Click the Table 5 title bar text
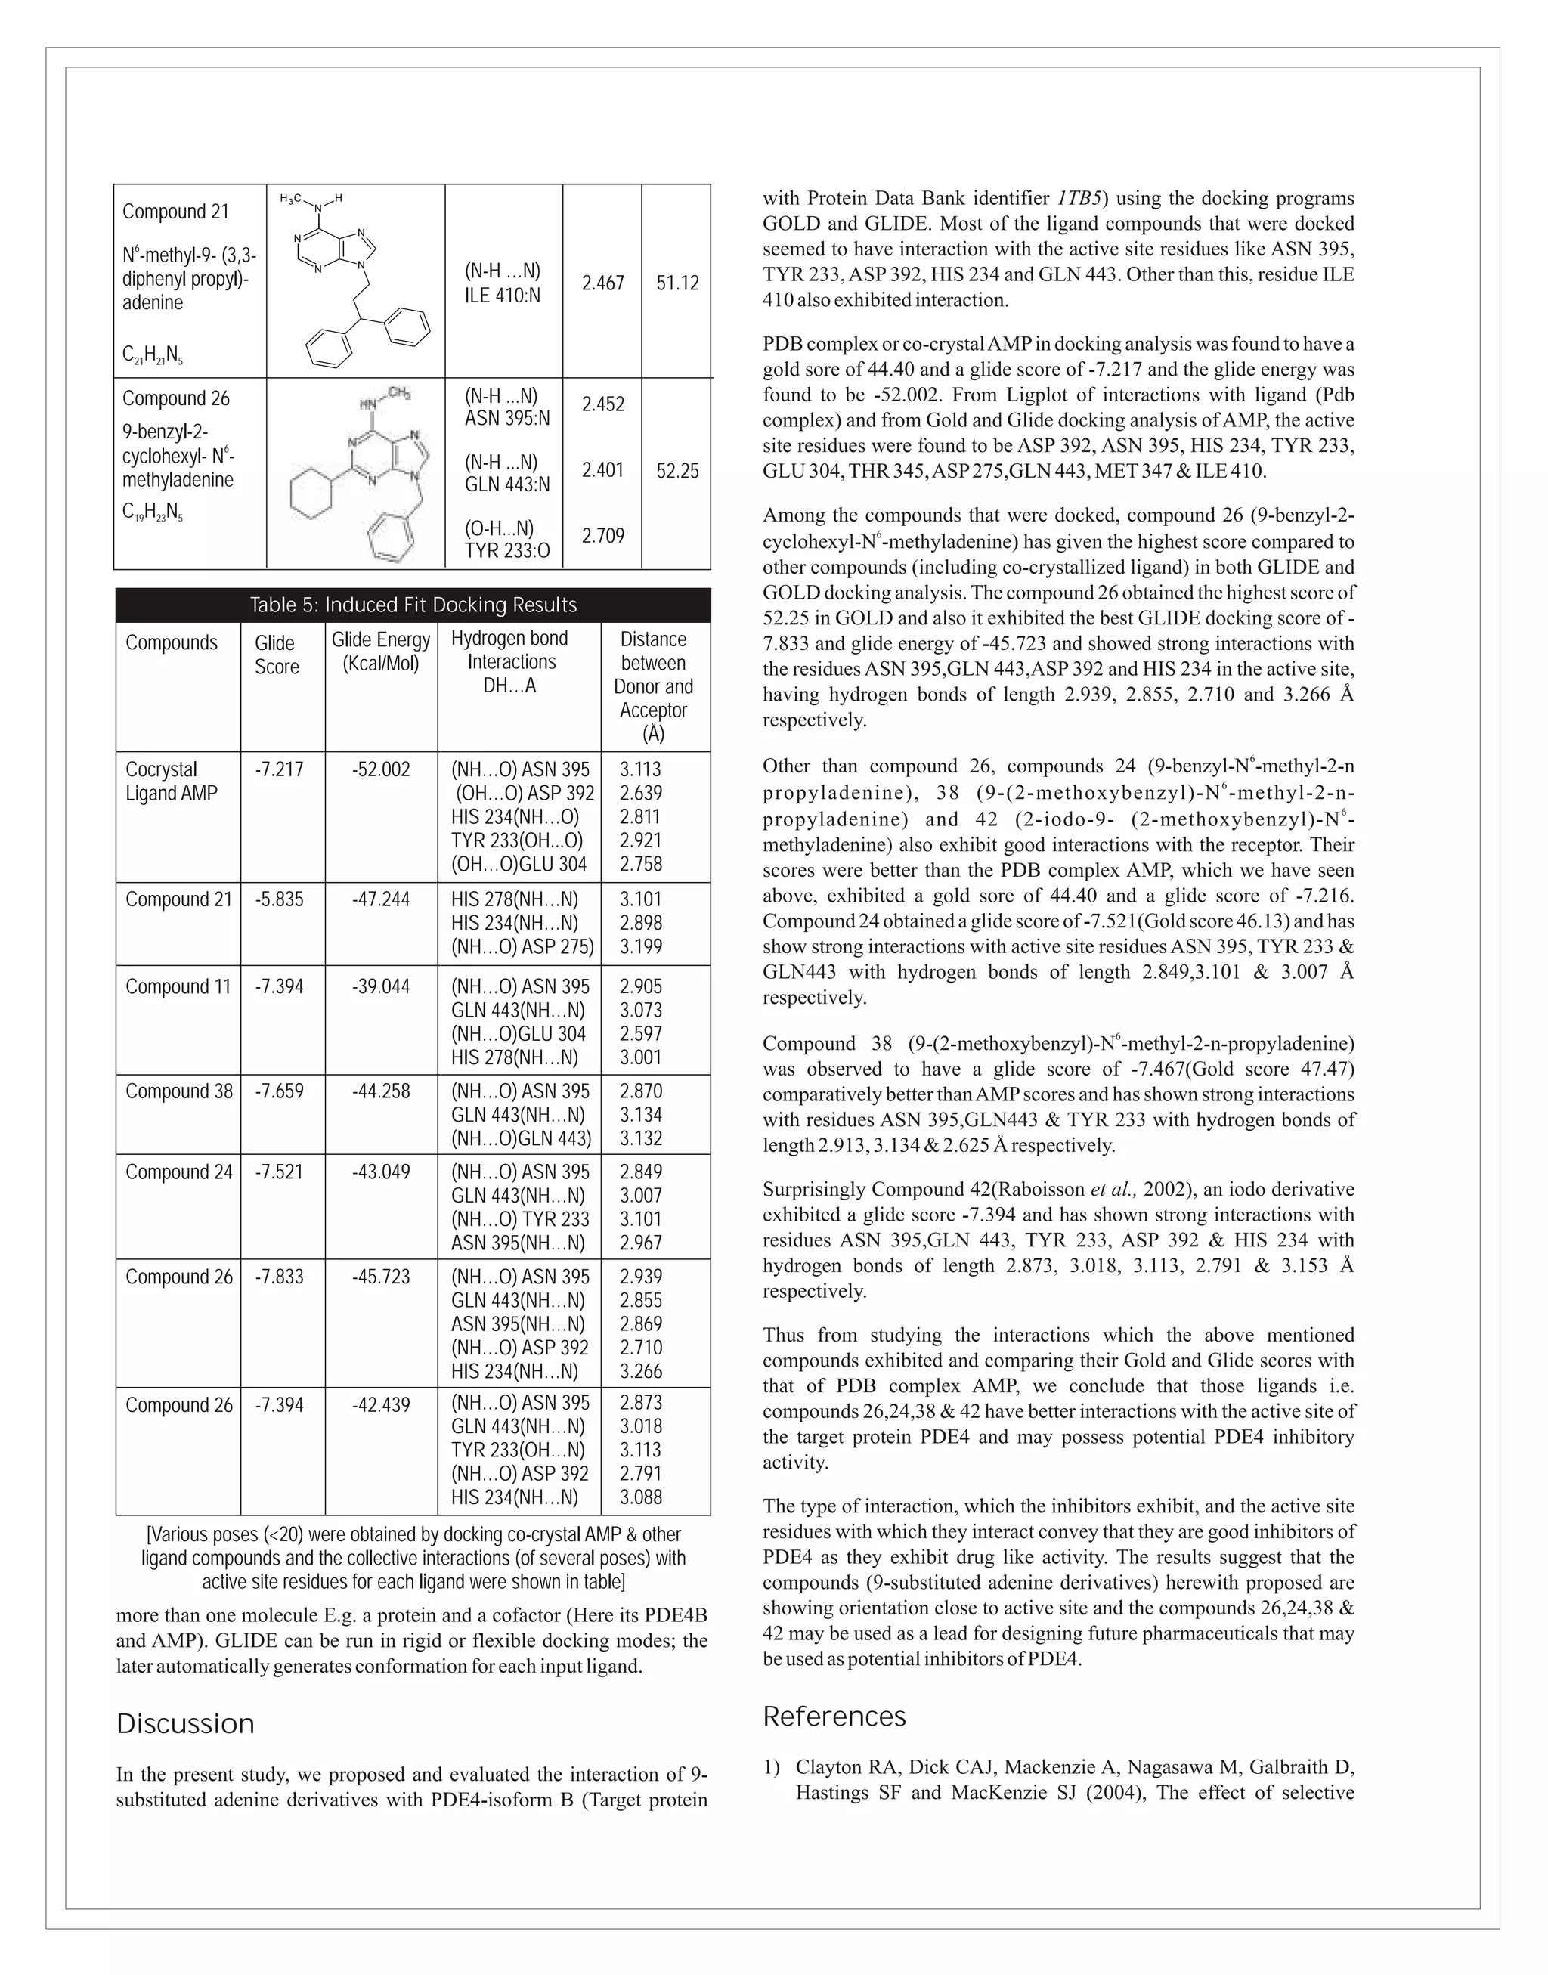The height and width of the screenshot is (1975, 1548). tap(413, 605)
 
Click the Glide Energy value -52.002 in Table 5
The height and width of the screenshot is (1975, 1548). tap(381, 769)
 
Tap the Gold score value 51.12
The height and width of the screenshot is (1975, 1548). tap(677, 283)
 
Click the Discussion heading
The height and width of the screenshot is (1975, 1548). tap(185, 1724)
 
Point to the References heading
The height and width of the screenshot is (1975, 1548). tap(834, 1717)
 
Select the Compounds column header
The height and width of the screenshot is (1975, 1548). tap(172, 642)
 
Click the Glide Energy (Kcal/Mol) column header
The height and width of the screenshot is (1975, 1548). tap(381, 652)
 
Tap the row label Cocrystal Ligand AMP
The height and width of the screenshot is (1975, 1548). tap(172, 782)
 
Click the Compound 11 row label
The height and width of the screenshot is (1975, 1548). tap(178, 986)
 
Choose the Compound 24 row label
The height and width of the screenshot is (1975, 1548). tap(178, 1172)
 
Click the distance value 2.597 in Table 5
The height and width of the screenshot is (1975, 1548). tap(641, 1033)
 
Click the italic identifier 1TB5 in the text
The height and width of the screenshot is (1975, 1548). tap(1078, 199)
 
